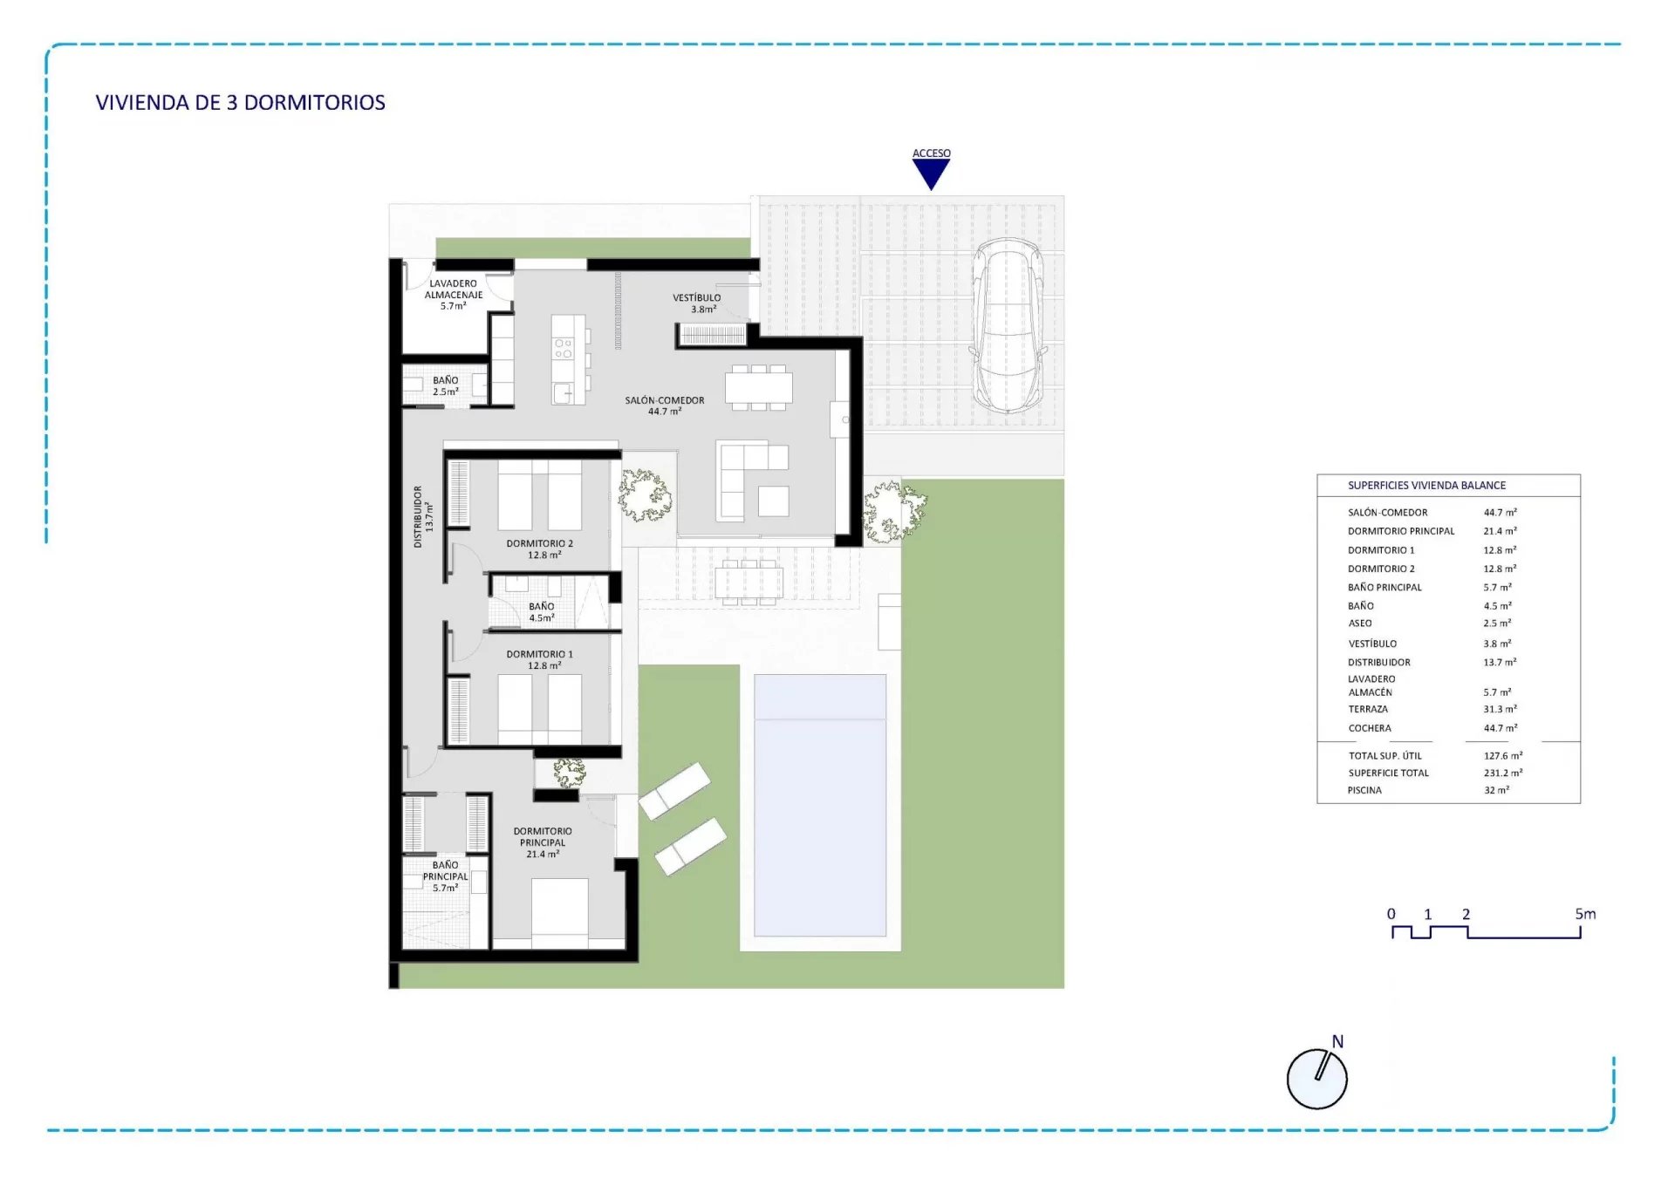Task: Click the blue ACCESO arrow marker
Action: (x=931, y=174)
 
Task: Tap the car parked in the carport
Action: (x=1008, y=325)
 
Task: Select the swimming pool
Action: (x=820, y=805)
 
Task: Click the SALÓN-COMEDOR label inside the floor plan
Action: (x=665, y=405)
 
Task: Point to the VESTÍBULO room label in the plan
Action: (x=697, y=303)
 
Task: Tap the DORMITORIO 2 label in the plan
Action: (x=540, y=549)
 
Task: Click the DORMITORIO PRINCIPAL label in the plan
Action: (x=543, y=842)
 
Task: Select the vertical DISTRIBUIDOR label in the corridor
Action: (x=423, y=516)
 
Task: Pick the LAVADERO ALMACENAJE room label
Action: (x=454, y=295)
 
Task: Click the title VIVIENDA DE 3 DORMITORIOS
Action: (x=241, y=103)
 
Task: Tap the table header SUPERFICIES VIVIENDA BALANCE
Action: (x=1427, y=486)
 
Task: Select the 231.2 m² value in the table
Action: (x=1503, y=773)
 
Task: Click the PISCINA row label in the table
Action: (x=1364, y=790)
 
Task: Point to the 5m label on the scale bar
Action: (x=1585, y=914)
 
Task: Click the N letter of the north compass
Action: (x=1337, y=1041)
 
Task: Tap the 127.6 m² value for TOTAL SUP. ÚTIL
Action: (x=1503, y=756)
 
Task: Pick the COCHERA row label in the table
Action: (x=1370, y=728)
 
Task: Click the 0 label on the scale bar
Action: (x=1391, y=914)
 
